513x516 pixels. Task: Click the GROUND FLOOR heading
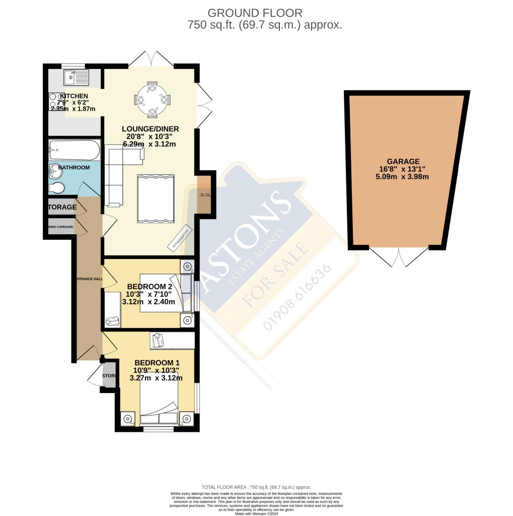pyautogui.click(x=256, y=13)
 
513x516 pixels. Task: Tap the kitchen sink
pyautogui.click(x=76, y=78)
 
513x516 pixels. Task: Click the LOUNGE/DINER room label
pyautogui.click(x=151, y=129)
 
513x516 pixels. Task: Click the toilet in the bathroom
pyautogui.click(x=57, y=188)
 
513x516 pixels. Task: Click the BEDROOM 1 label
pyautogui.click(x=157, y=363)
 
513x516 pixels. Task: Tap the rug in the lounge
pyautogui.click(x=156, y=198)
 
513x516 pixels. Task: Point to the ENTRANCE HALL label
pyautogui.click(x=89, y=279)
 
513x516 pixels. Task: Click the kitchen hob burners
pyautogui.click(x=56, y=101)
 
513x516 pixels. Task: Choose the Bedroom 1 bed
pyautogui.click(x=159, y=408)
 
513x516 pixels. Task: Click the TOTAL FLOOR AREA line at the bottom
pyautogui.click(x=256, y=487)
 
